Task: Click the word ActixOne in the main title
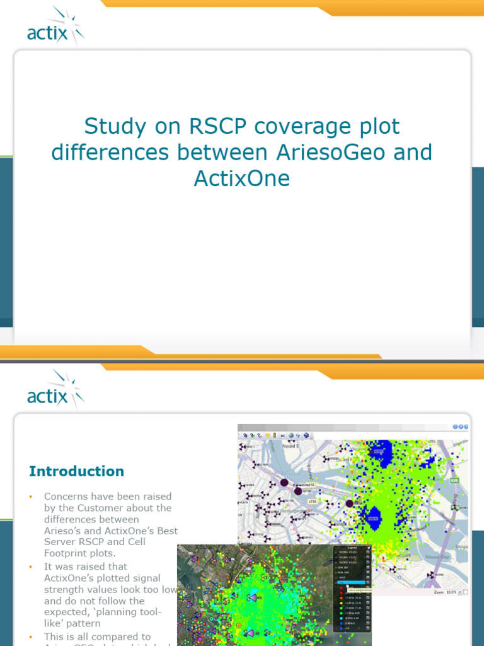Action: click(242, 179)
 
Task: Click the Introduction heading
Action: click(76, 471)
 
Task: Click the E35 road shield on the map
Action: click(454, 481)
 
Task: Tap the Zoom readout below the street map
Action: click(445, 592)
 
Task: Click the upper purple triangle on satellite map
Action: click(253, 597)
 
